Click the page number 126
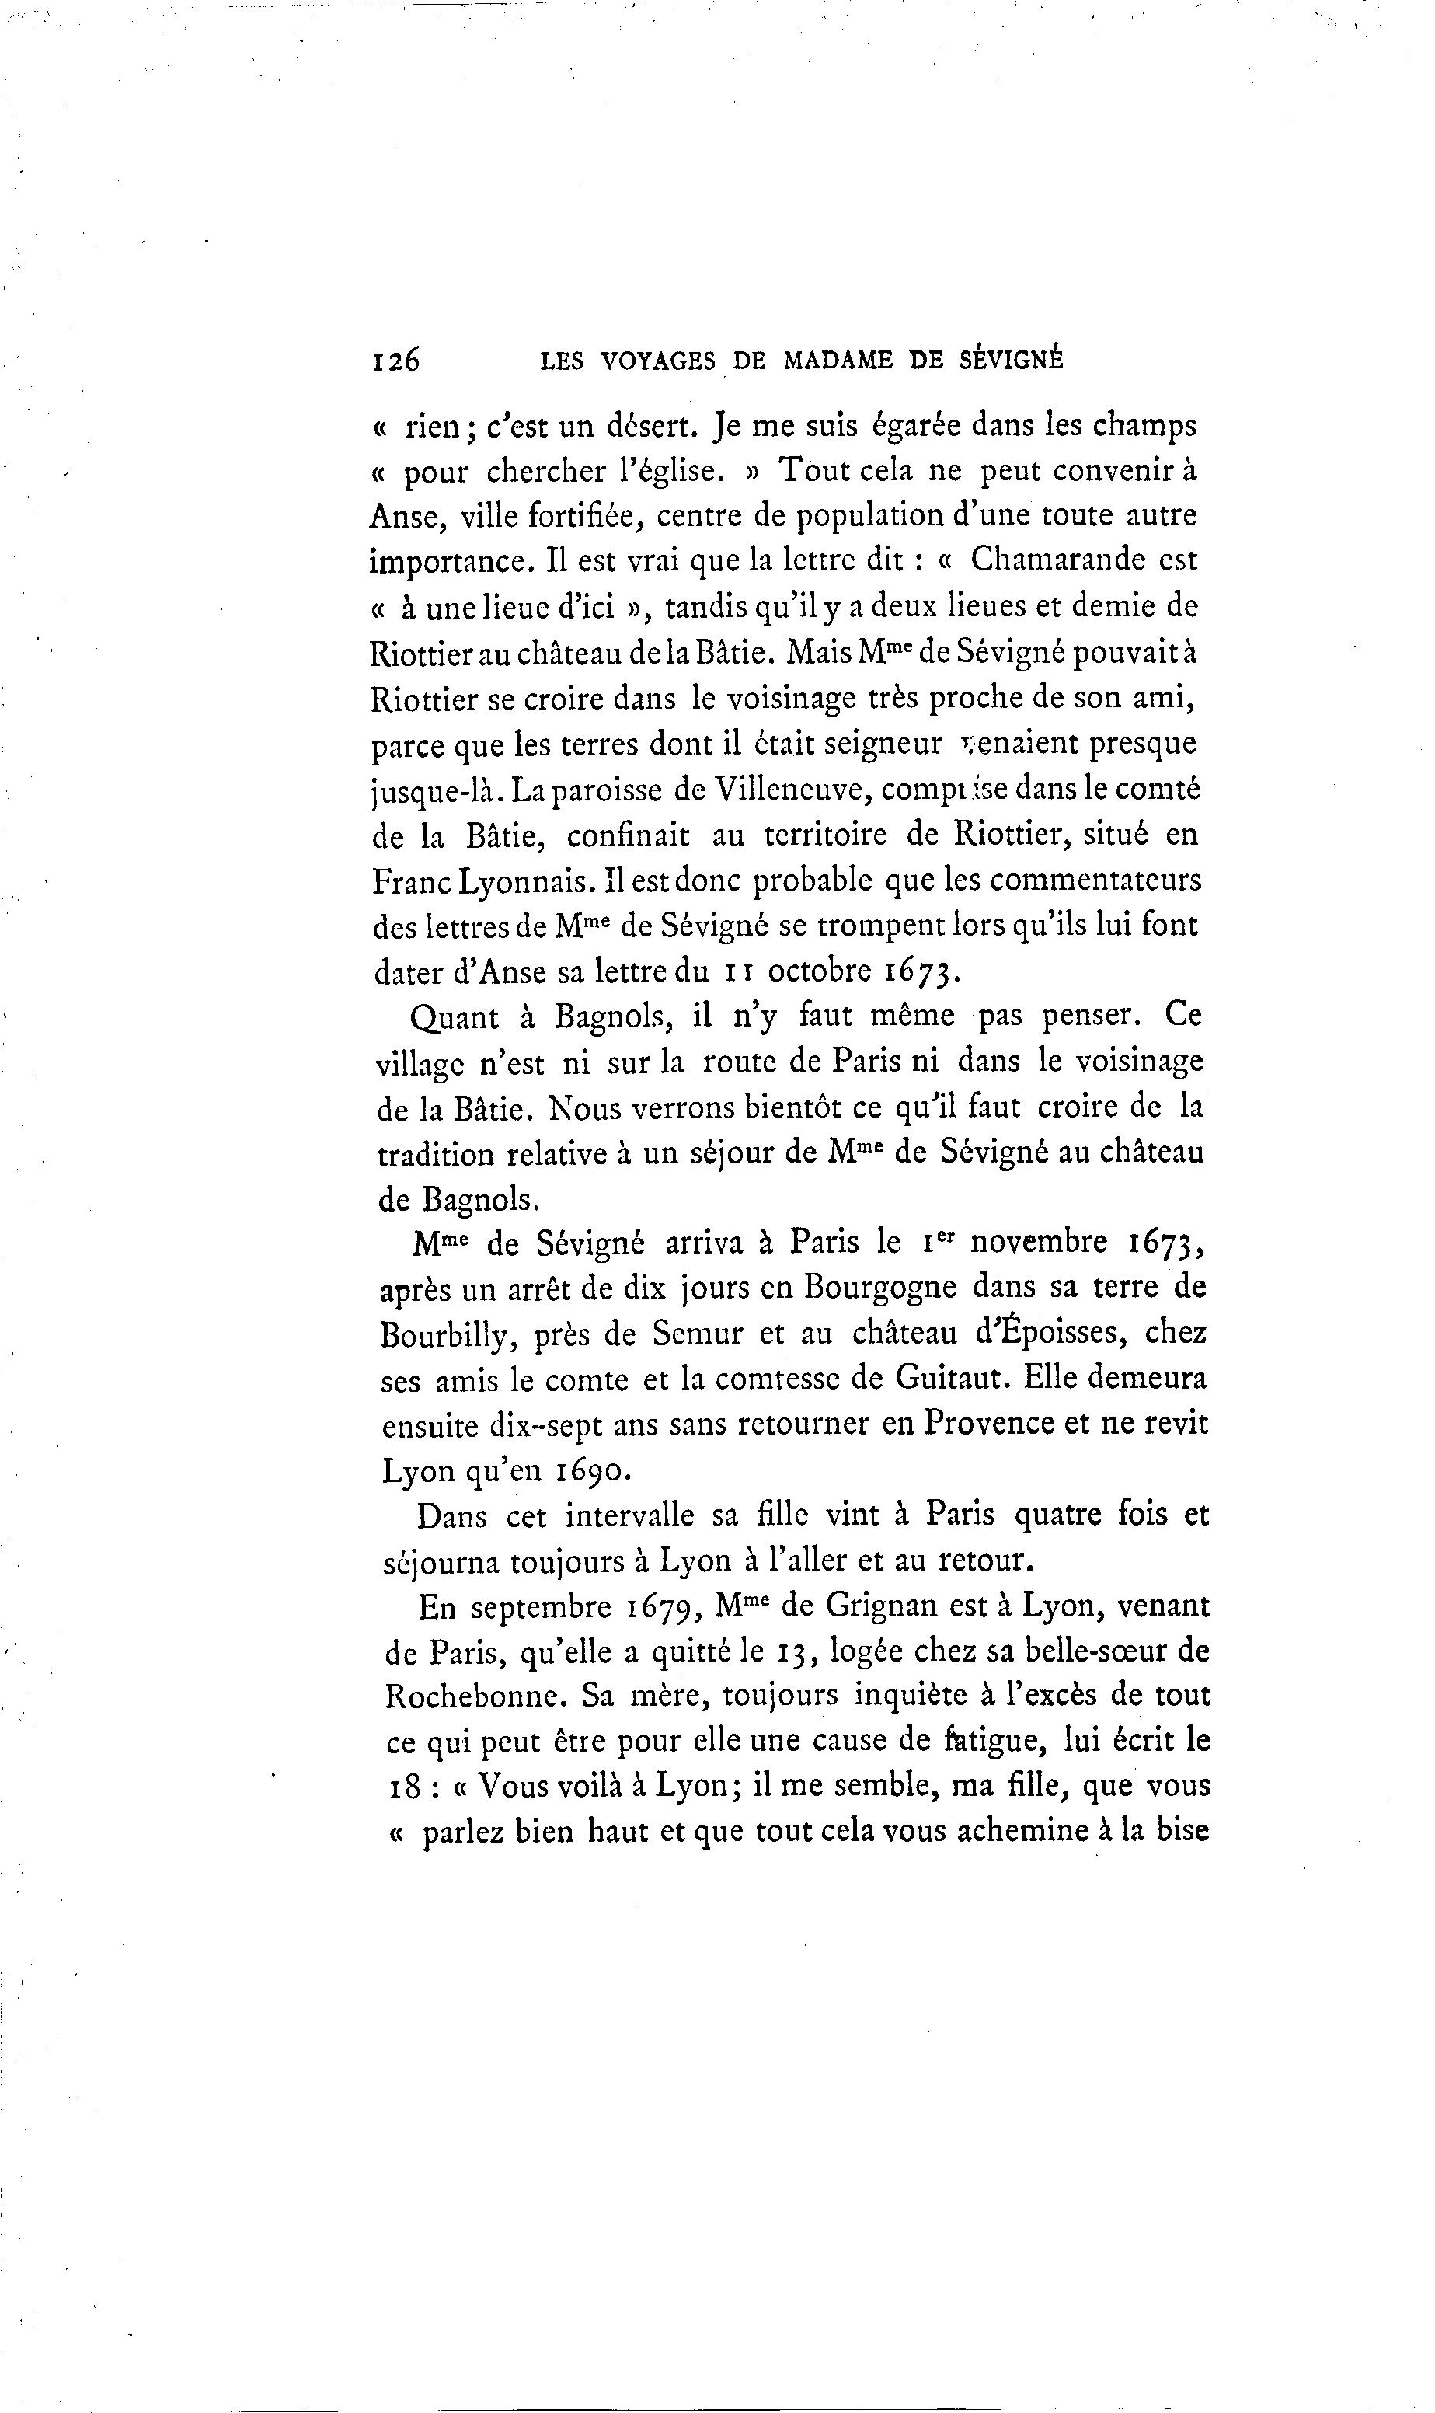click(x=395, y=360)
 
